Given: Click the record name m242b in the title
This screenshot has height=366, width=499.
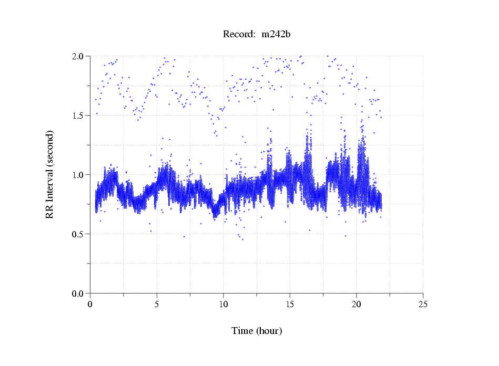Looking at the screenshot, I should tap(277, 35).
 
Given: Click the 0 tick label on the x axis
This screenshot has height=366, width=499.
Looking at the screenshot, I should tap(90, 304).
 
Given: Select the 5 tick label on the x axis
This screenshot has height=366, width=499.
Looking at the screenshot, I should tap(157, 304).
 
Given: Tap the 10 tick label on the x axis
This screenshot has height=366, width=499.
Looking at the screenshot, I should tap(223, 304).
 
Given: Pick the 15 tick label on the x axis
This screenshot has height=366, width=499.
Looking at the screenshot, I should tap(290, 304).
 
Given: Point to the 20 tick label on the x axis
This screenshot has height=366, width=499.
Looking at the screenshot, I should tap(357, 304).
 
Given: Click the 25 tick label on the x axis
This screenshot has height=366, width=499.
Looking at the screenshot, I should tap(423, 304).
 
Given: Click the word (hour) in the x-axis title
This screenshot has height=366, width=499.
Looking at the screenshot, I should tap(270, 331).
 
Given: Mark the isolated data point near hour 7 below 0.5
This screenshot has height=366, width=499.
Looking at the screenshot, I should tap(184, 237).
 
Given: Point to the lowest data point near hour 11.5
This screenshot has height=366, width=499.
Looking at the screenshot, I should tap(242, 239).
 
